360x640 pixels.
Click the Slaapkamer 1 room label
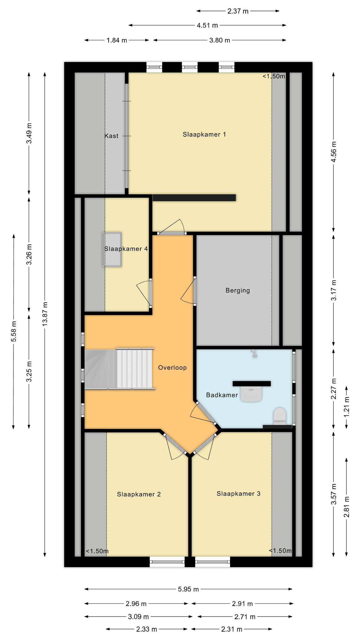pyautogui.click(x=204, y=134)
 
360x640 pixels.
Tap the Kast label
pyautogui.click(x=111, y=136)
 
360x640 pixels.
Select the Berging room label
pyautogui.click(x=237, y=291)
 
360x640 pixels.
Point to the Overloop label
pyautogui.click(x=172, y=367)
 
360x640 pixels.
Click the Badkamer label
pyautogui.click(x=222, y=395)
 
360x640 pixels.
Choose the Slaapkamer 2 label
pyautogui.click(x=139, y=494)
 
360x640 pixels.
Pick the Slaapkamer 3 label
pyautogui.click(x=238, y=493)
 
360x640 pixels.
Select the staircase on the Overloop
pyautogui.click(x=120, y=369)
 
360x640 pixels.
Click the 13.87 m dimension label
pyautogui.click(x=45, y=314)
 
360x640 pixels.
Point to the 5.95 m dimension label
pyautogui.click(x=188, y=589)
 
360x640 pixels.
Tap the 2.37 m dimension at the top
pyautogui.click(x=238, y=11)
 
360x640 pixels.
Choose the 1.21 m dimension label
pyautogui.click(x=347, y=407)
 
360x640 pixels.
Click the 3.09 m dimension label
pyautogui.click(x=138, y=617)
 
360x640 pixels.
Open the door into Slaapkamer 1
pyautogui.click(x=171, y=232)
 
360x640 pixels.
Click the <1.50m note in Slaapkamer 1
pyautogui.click(x=274, y=76)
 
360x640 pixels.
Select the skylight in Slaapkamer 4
pyautogui.click(x=112, y=249)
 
